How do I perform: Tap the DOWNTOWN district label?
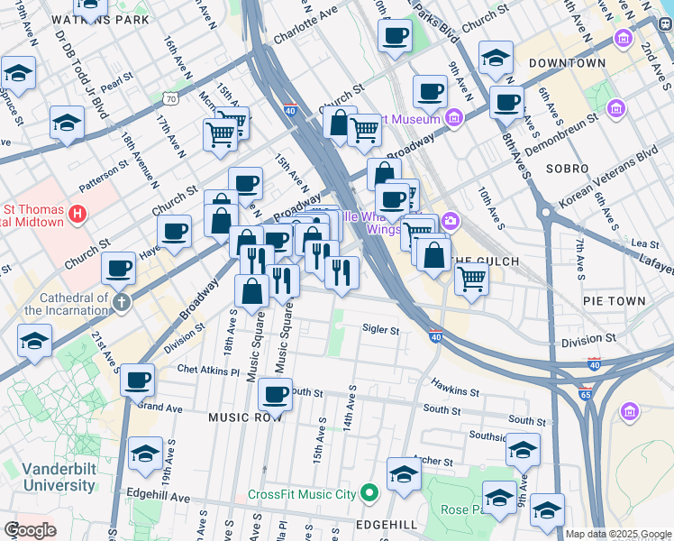tap(567, 63)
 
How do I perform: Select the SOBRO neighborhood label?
tap(566, 169)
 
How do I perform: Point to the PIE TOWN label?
tap(614, 301)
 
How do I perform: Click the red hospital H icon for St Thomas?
tap(78, 214)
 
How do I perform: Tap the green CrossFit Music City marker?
tap(368, 493)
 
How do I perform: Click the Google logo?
tap(30, 530)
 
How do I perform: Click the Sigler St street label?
tap(381, 330)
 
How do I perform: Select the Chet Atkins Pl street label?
tap(208, 370)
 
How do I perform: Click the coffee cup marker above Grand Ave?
tap(137, 381)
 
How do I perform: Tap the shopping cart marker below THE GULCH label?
tap(471, 280)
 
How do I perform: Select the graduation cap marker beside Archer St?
tap(404, 474)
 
